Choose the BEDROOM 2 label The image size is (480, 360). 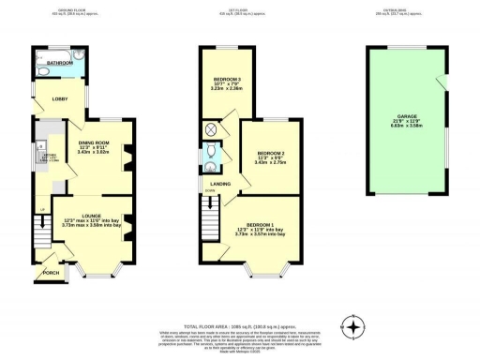pyautogui.click(x=270, y=153)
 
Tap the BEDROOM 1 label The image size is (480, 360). pyautogui.click(x=262, y=226)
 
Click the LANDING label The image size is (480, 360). pyautogui.click(x=221, y=185)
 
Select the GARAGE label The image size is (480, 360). pyautogui.click(x=406, y=117)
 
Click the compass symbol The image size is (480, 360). pyautogui.click(x=353, y=327)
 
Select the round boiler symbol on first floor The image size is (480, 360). pyautogui.click(x=210, y=129)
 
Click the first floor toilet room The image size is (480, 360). pyautogui.click(x=212, y=152)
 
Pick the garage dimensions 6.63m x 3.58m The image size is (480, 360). pyautogui.click(x=406, y=127)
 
